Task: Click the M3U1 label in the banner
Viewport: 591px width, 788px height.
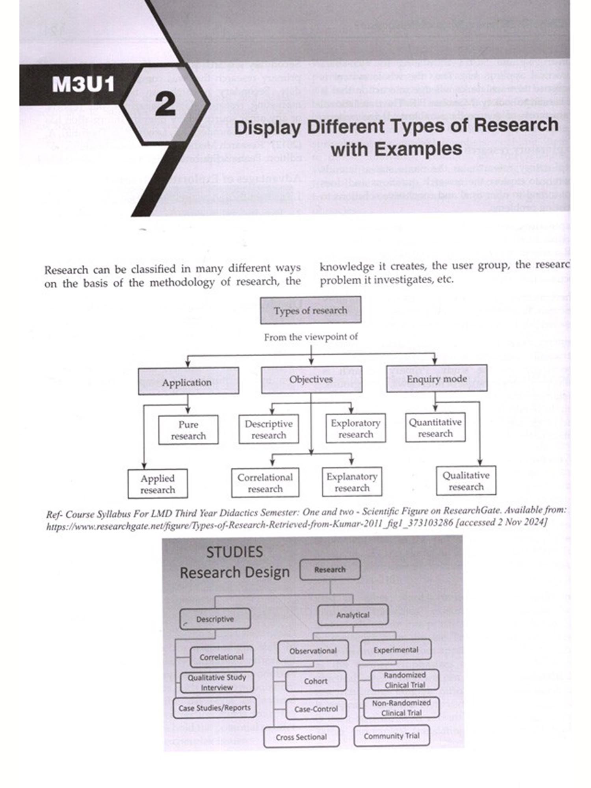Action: (83, 84)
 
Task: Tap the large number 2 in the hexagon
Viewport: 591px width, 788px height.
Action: (165, 105)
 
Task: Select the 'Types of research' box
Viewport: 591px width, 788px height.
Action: (310, 310)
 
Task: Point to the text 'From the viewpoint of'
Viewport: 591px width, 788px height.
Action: (311, 337)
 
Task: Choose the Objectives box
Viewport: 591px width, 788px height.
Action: (311, 379)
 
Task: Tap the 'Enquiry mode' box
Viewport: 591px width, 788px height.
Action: (437, 379)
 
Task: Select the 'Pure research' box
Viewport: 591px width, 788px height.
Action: (188, 430)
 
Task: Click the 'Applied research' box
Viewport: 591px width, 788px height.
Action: (158, 484)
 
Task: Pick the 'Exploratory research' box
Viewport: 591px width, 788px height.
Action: (355, 428)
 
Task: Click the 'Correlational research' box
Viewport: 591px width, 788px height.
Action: (265, 483)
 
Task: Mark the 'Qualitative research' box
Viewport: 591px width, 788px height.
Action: (466, 481)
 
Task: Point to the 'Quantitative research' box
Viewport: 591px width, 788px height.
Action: (435, 427)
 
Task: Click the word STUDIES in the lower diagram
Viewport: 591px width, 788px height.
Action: (234, 552)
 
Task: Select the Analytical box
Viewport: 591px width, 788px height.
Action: (353, 615)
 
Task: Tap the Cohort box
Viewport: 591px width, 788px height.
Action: (316, 681)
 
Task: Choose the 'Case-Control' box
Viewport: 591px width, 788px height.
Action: (316, 709)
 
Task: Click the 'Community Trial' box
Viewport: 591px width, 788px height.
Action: (391, 736)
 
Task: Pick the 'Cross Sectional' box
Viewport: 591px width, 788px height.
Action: (301, 737)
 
